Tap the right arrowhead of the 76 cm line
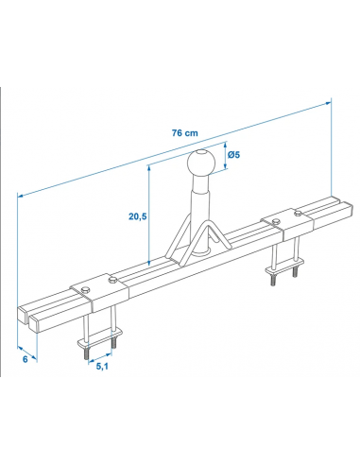(x=331, y=99)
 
